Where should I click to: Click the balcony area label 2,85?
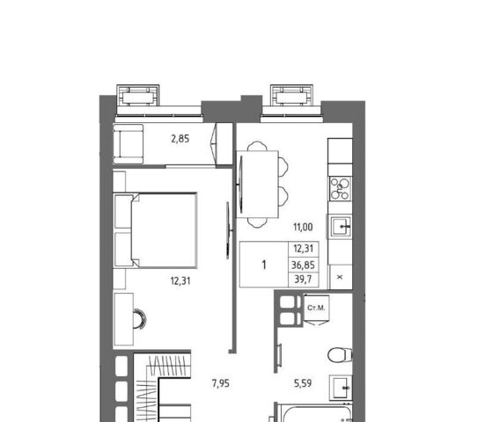[x=180, y=139]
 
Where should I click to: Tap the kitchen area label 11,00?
[x=303, y=228]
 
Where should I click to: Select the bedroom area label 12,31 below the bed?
[x=180, y=281]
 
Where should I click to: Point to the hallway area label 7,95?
[x=221, y=383]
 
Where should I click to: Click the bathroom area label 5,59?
[x=303, y=383]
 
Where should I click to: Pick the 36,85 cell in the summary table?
[x=303, y=265]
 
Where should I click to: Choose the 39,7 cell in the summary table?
[x=303, y=280]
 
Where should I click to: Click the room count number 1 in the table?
[x=264, y=265]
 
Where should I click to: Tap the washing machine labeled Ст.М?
[x=316, y=309]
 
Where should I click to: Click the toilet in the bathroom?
[x=340, y=355]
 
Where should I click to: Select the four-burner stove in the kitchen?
[x=341, y=189]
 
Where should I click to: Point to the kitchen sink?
[x=341, y=227]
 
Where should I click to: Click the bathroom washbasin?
[x=341, y=388]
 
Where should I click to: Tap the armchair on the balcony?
[x=129, y=143]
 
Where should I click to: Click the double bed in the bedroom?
[x=156, y=230]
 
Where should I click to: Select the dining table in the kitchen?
[x=258, y=185]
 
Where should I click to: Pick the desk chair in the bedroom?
[x=139, y=319]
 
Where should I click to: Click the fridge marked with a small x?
[x=340, y=277]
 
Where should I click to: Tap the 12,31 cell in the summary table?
[x=303, y=249]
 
